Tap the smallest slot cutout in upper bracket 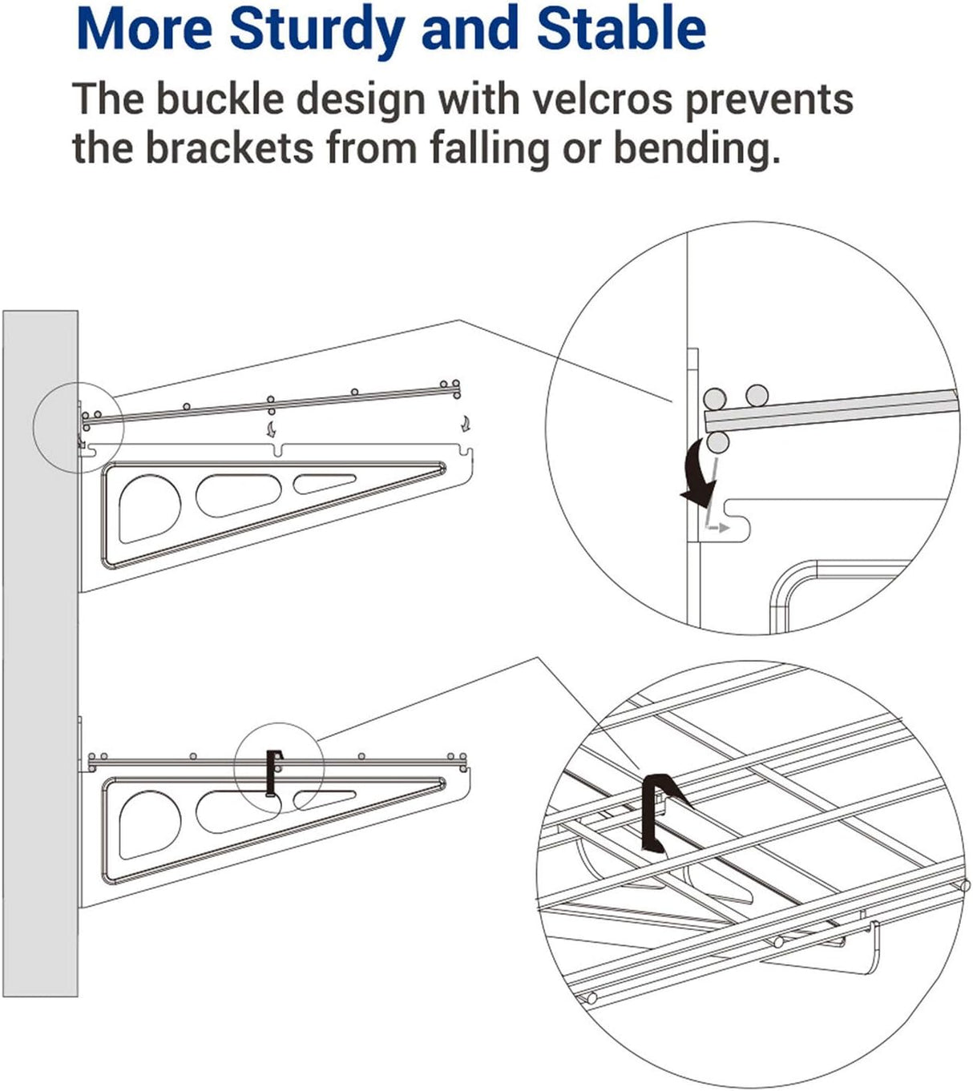pos(325,482)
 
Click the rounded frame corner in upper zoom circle pos(789,581)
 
